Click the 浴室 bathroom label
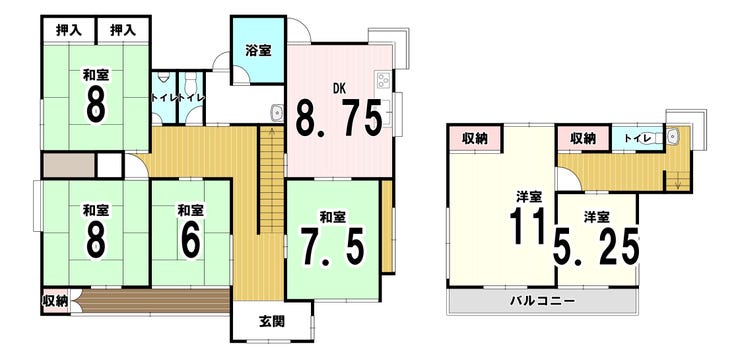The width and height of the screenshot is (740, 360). pos(258,50)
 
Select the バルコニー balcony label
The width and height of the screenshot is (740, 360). pos(543,301)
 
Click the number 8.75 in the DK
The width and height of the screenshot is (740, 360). pos(338,117)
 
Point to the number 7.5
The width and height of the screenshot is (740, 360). pos(334,247)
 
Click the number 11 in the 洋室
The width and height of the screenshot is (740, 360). pos(528,226)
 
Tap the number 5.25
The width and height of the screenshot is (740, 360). pos(596,245)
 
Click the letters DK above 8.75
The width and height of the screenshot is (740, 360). pos(339,87)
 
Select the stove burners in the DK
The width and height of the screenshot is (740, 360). pos(382,80)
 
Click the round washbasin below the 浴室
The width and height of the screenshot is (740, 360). pos(276,113)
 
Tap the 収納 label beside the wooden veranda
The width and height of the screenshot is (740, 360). pos(55,301)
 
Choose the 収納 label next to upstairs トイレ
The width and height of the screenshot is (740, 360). pos(582,138)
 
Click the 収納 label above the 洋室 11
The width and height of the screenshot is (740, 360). pos(474,138)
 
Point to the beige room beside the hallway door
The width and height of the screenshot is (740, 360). pos(69,165)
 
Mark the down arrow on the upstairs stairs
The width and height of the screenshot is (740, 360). pos(678,182)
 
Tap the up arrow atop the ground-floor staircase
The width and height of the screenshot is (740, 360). pos(272,133)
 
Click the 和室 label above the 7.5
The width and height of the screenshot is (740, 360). pos(333,217)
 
